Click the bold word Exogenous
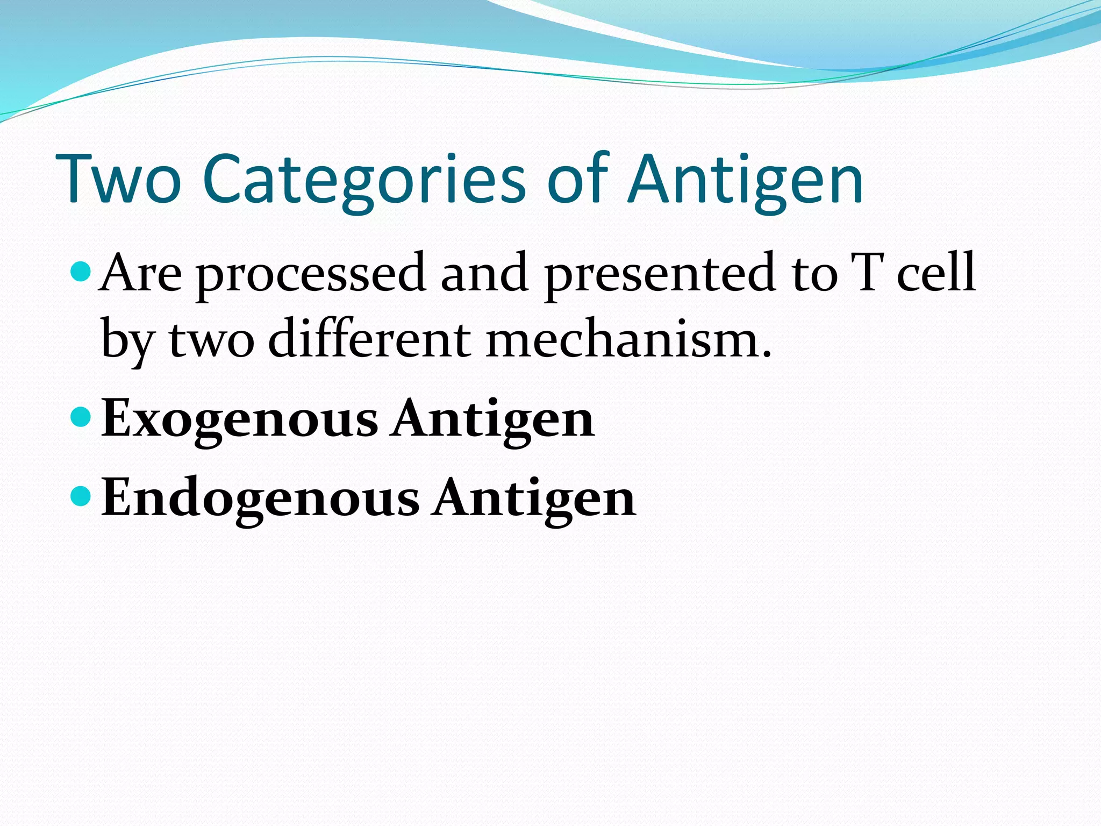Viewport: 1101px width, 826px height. coord(240,419)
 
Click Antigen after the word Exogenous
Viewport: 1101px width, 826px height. coord(492,419)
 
